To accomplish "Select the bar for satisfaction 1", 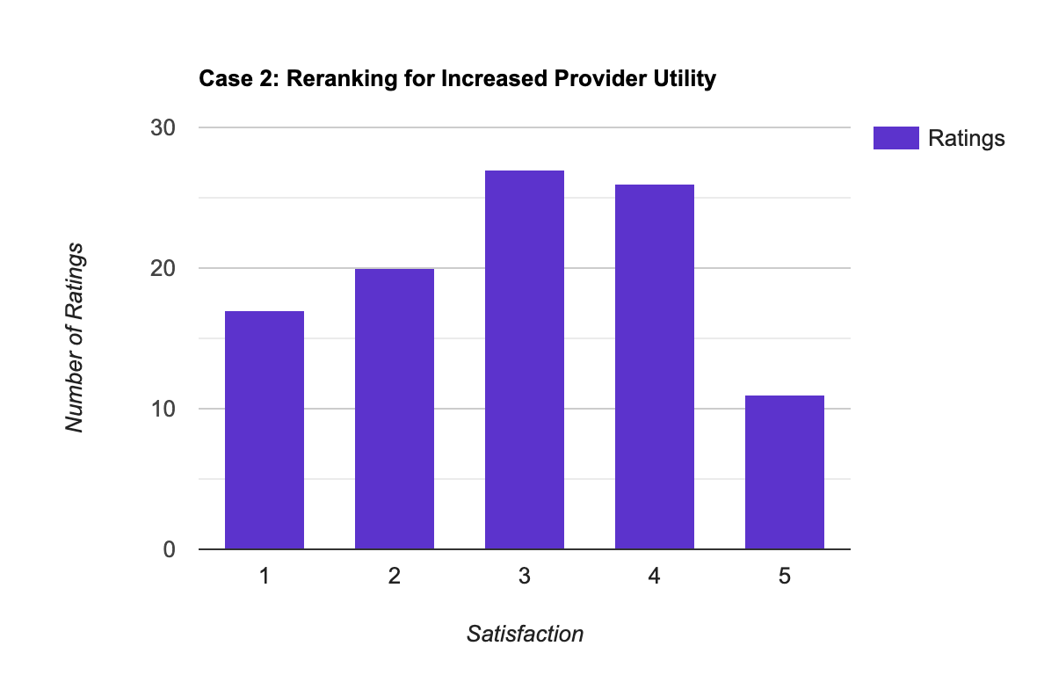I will click(265, 430).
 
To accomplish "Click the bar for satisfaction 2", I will click(395, 409).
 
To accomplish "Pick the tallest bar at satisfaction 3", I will click(525, 359).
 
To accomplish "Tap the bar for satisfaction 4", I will click(655, 367).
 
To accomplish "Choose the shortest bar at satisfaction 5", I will click(785, 472).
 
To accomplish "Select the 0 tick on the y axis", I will click(168, 549).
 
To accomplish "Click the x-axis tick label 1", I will click(265, 577).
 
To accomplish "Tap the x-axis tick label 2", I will click(395, 577).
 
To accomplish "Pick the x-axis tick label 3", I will click(525, 577).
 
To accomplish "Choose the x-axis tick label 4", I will click(655, 577).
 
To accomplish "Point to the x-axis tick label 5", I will click(785, 577).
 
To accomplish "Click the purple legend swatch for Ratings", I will click(895, 138).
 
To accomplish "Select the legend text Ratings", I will click(966, 139).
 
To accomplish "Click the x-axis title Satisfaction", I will click(525, 633).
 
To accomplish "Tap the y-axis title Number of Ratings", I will click(76, 337).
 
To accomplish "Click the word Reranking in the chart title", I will click(335, 79).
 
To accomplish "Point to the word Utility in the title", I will click(683, 79).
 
